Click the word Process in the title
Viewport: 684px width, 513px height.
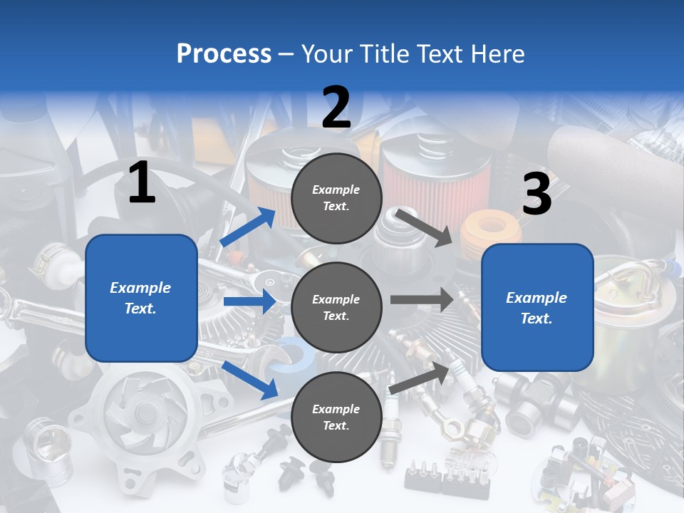(224, 53)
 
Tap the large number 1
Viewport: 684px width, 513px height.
(142, 183)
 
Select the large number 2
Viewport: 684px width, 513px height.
(336, 108)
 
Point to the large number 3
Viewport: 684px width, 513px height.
(537, 195)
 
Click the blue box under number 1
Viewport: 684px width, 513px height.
(141, 298)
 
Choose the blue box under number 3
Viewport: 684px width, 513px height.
(537, 308)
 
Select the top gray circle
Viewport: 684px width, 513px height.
(336, 198)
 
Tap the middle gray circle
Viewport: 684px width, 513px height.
(336, 307)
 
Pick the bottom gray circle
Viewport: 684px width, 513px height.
(336, 417)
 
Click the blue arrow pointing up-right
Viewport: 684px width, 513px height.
(248, 227)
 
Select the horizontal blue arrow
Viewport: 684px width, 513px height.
(249, 301)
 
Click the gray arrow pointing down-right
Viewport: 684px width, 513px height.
(424, 227)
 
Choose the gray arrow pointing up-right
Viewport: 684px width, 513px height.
(420, 378)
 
